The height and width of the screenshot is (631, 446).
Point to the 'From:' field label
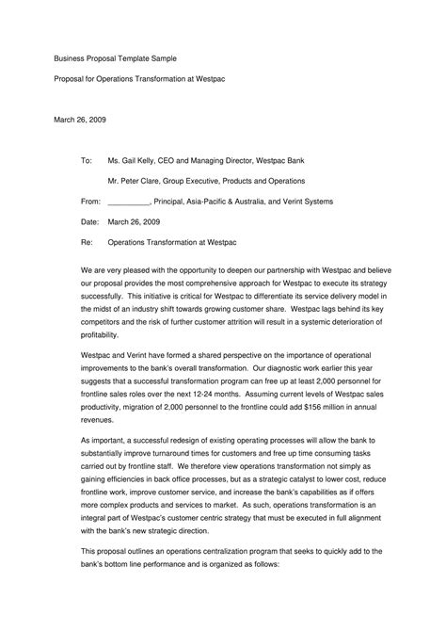(x=91, y=201)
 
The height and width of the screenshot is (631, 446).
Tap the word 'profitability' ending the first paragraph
(x=101, y=334)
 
